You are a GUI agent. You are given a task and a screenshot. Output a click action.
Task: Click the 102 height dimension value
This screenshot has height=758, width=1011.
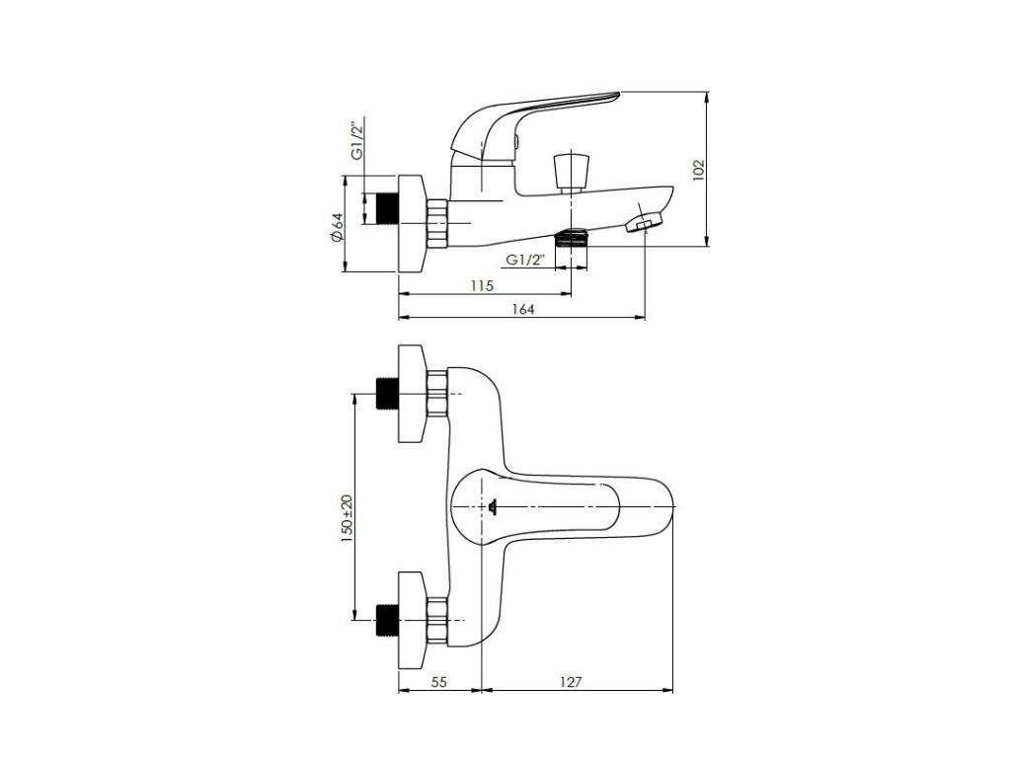pyautogui.click(x=699, y=170)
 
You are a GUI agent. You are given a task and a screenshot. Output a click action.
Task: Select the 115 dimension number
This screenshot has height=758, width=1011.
pyautogui.click(x=482, y=285)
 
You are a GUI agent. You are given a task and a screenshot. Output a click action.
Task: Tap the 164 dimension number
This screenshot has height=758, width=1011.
pyautogui.click(x=523, y=309)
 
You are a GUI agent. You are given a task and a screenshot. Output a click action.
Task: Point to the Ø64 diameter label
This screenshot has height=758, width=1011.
pyautogui.click(x=337, y=227)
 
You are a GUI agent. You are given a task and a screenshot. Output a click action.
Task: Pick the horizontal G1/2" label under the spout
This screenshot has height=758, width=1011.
pyautogui.click(x=525, y=260)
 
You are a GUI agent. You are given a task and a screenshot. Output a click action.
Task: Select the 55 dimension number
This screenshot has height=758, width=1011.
pyautogui.click(x=438, y=681)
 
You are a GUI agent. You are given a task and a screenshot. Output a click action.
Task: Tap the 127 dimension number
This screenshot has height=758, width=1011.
pyautogui.click(x=571, y=681)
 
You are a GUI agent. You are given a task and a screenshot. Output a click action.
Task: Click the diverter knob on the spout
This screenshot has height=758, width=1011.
pyautogui.click(x=571, y=172)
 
